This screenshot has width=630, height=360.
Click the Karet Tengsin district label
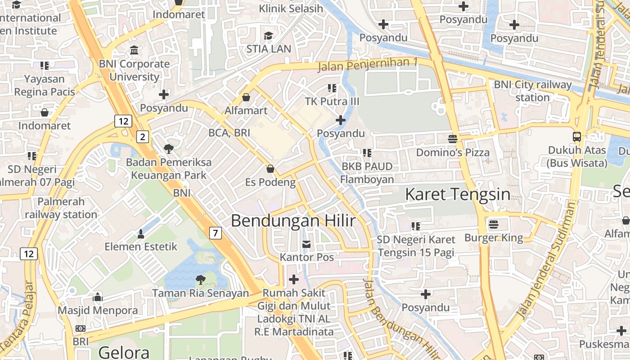click(x=458, y=194)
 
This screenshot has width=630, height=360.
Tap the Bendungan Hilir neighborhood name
click(x=293, y=220)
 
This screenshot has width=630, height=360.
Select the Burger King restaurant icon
click(x=494, y=224)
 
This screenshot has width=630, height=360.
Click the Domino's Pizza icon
click(x=453, y=139)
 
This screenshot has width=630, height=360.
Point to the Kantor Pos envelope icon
click(x=306, y=244)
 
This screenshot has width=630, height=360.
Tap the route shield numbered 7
click(x=216, y=233)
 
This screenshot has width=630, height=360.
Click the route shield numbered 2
click(x=143, y=137)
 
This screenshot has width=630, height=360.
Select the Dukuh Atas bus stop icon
click(x=576, y=136)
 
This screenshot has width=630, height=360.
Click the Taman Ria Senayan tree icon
click(x=200, y=279)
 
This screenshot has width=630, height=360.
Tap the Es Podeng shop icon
click(x=270, y=169)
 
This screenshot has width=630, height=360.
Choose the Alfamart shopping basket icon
click(x=246, y=97)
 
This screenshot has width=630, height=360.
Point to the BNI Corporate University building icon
click(x=134, y=50)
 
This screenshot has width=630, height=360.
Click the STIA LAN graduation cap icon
click(x=268, y=36)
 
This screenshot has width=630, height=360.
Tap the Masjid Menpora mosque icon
click(x=98, y=297)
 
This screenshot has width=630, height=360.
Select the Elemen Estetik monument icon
click(x=141, y=233)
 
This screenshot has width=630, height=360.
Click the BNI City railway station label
click(x=533, y=91)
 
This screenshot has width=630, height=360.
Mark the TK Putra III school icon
click(x=332, y=88)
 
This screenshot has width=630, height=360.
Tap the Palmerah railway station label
click(x=61, y=208)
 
